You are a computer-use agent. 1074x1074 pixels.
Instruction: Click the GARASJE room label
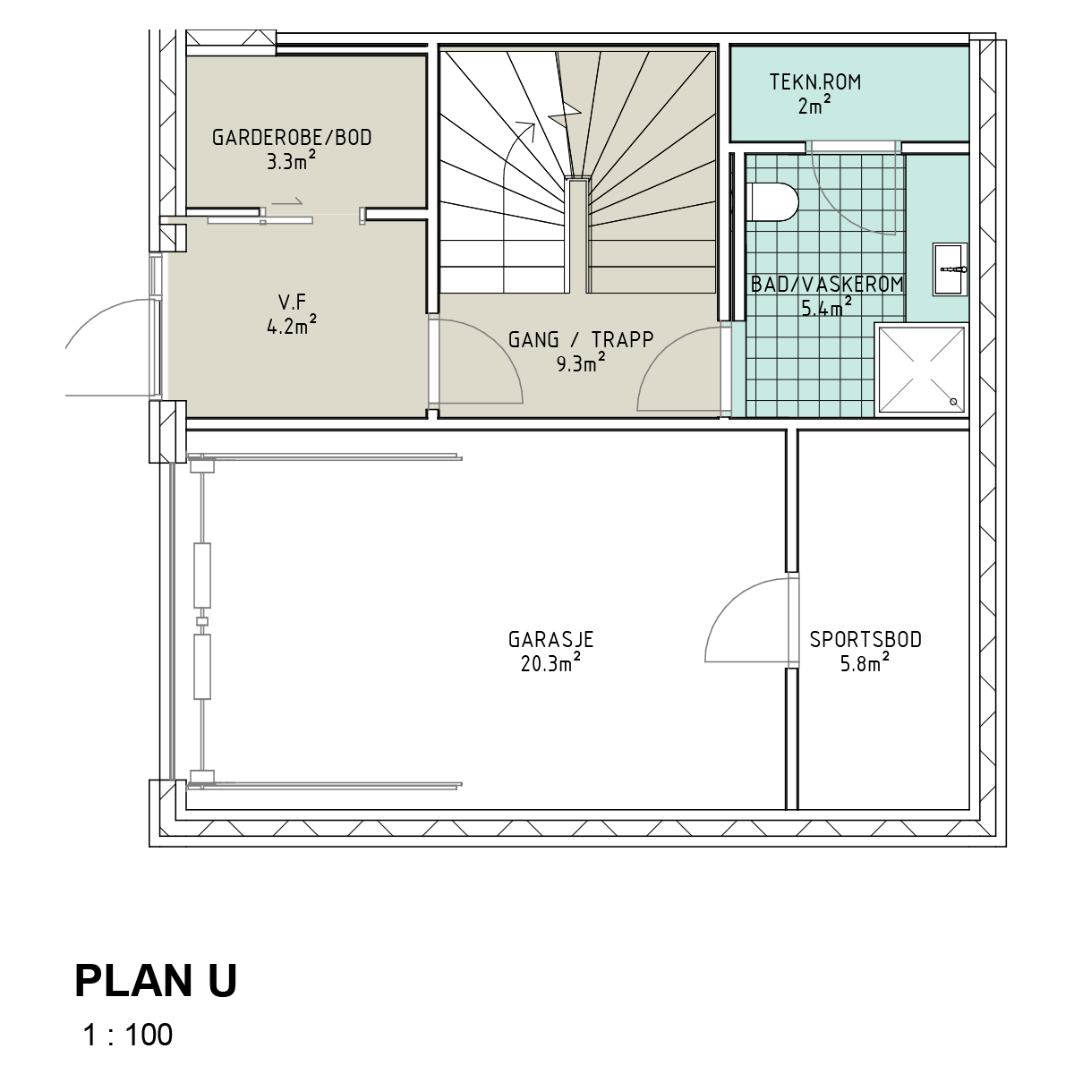tap(550, 639)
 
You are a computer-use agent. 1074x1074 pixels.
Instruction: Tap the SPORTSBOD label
tap(865, 639)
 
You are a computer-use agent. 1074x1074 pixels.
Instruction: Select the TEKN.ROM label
tap(815, 82)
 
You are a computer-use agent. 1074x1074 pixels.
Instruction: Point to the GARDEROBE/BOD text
tap(292, 137)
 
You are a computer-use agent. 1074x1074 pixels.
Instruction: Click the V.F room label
tap(292, 303)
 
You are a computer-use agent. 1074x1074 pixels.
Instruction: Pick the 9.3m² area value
tap(581, 362)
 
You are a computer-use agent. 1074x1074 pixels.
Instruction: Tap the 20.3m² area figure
tap(550, 662)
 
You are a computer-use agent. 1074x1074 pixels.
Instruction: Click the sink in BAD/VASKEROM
tap(950, 269)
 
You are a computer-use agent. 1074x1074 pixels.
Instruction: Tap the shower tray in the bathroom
tap(921, 370)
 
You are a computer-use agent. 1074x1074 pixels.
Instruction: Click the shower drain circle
tap(953, 401)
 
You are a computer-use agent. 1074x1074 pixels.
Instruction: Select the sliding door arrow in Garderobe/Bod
tap(287, 201)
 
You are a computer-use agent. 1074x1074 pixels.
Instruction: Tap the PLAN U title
tap(156, 980)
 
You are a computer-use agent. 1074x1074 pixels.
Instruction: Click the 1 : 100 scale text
tap(128, 1035)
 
